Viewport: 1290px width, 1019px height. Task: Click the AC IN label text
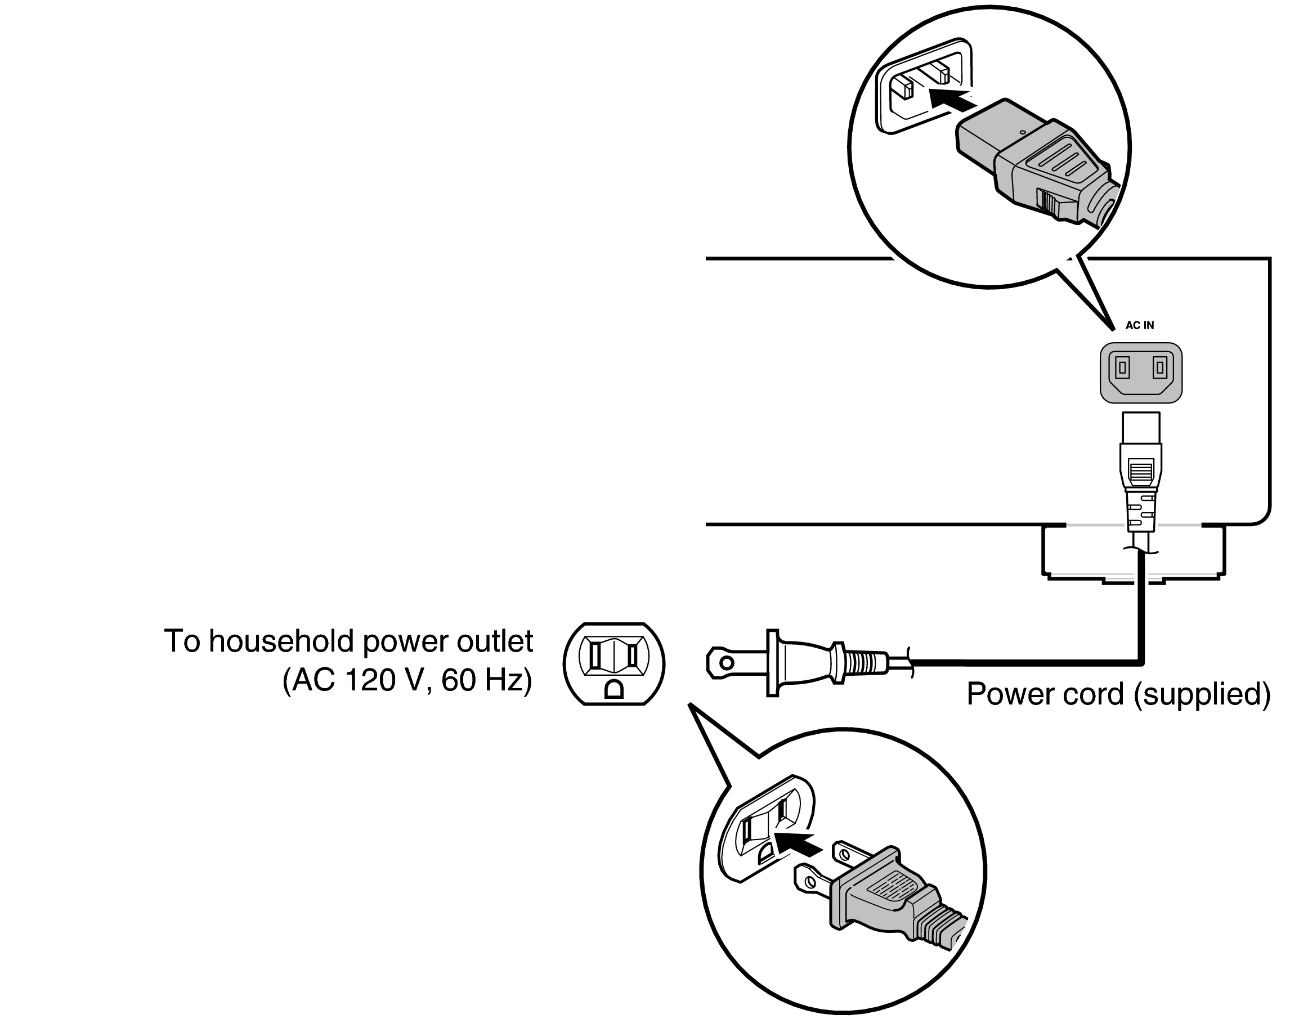tap(1139, 325)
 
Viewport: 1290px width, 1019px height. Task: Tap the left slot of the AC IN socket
tap(1122, 367)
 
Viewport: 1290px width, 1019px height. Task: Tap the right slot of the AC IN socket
tap(1159, 367)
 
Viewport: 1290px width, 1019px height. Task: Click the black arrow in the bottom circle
tap(795, 843)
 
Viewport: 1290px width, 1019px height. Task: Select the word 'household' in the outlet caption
tap(284, 641)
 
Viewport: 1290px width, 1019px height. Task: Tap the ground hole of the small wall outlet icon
tap(613, 690)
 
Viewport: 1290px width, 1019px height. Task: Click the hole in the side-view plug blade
tap(726, 663)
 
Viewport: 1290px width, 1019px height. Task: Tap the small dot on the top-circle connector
tap(1023, 132)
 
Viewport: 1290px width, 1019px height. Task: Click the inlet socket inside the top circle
tap(922, 89)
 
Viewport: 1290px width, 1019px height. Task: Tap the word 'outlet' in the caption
tap(495, 641)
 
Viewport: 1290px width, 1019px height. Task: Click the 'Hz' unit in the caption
tap(504, 680)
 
